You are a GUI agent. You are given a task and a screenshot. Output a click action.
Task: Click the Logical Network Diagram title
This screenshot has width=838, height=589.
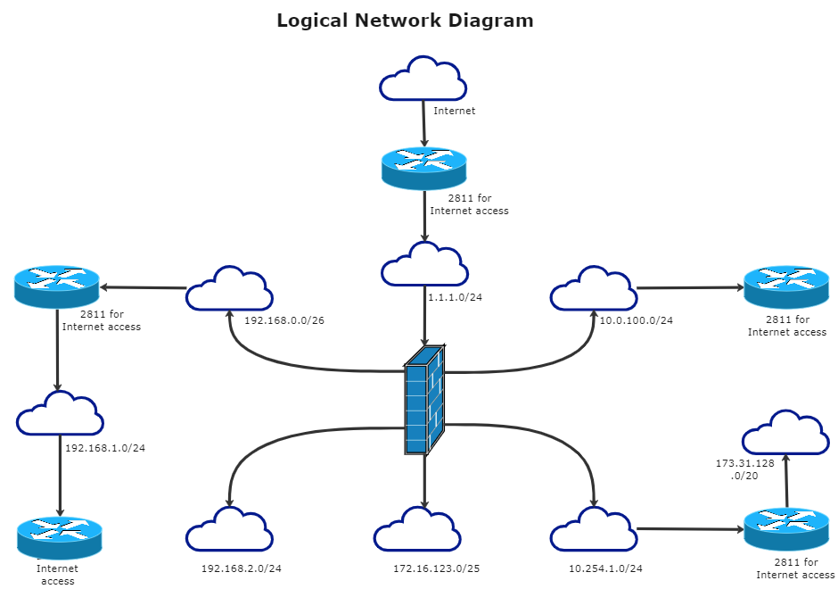point(405,21)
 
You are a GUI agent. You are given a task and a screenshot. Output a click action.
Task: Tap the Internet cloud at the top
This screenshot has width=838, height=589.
point(423,79)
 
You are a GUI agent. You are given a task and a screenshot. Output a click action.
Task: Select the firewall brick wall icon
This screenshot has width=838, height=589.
point(424,399)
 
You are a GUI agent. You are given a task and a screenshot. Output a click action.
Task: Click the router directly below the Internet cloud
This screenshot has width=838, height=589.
point(424,169)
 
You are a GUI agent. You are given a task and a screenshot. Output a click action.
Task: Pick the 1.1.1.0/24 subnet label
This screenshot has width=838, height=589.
point(455,297)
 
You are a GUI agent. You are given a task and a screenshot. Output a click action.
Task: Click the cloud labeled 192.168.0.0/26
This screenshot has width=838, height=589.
point(229,289)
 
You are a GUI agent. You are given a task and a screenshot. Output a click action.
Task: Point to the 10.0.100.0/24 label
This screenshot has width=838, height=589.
point(636,320)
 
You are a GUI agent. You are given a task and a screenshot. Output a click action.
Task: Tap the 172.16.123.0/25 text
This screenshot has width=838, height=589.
point(436,568)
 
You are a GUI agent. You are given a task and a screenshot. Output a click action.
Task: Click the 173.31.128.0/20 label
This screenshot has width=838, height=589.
point(744,469)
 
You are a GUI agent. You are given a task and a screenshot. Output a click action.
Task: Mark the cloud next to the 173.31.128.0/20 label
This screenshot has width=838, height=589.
point(785,434)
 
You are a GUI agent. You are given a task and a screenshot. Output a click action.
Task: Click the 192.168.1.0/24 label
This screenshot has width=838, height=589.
point(104,448)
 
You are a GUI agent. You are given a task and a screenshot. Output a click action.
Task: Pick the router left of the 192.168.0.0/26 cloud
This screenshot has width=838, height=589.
point(57,286)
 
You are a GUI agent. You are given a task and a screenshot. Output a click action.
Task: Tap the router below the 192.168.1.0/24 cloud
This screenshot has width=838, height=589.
point(59,536)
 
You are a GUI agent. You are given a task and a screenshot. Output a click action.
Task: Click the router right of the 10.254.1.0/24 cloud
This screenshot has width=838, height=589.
point(786,529)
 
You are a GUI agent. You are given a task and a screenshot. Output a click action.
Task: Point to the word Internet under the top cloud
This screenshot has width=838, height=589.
point(454,112)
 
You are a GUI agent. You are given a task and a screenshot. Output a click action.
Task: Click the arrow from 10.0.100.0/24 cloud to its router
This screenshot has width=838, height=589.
point(690,288)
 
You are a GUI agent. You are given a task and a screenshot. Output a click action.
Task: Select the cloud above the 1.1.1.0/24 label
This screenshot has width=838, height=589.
point(424,265)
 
